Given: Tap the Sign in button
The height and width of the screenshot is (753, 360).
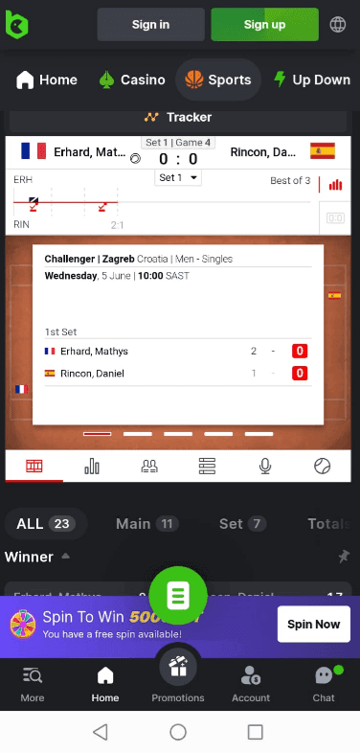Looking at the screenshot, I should [150, 24].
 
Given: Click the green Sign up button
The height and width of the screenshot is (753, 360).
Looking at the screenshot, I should [264, 24].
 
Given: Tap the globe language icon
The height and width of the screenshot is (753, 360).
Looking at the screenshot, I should [338, 24].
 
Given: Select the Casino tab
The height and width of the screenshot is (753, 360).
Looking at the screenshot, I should [132, 80].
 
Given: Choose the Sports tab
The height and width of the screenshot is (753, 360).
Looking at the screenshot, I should [217, 80].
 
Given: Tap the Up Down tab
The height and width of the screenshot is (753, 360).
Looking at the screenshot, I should [311, 80].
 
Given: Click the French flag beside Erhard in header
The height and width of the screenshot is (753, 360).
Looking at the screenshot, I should [34, 151].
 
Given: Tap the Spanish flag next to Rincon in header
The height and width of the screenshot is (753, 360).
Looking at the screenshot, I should [323, 151].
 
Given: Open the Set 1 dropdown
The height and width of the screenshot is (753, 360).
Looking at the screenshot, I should [179, 178].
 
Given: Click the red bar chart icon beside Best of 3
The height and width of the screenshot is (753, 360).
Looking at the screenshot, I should [335, 184].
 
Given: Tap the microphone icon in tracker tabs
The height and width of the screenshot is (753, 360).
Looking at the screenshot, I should [265, 466].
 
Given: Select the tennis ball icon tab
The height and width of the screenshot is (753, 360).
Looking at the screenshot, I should [322, 466].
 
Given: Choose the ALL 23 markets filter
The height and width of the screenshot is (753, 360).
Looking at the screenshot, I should [45, 523].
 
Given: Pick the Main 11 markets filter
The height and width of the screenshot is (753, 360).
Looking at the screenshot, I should [146, 523].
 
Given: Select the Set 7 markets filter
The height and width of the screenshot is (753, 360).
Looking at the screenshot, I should [242, 523].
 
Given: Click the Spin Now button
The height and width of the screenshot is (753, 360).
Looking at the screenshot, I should [313, 624].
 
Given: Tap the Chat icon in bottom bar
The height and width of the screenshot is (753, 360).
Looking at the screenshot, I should [324, 682].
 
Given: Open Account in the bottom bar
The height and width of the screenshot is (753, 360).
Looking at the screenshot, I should [251, 682].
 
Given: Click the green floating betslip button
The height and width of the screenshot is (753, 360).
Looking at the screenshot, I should [177, 595].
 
